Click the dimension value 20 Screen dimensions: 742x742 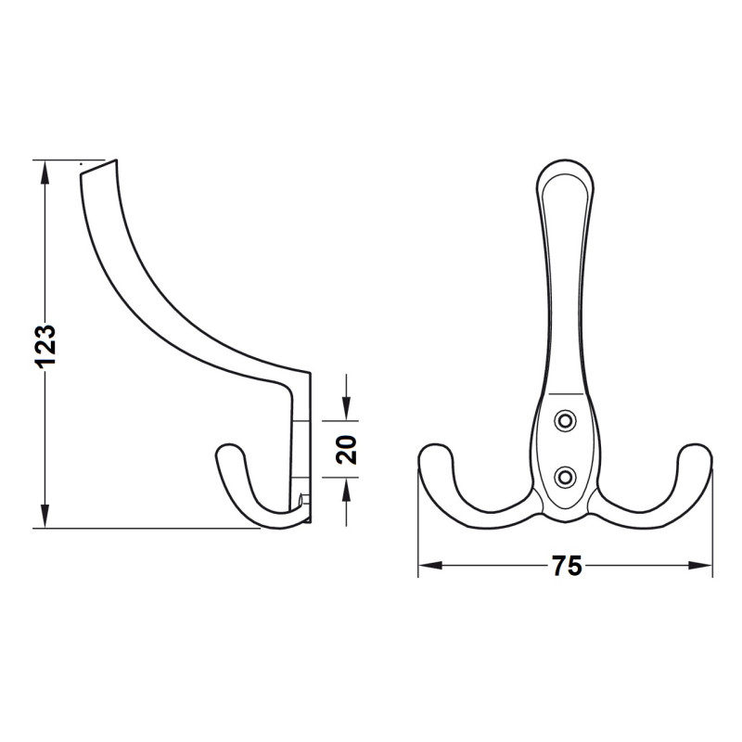pyautogui.click(x=346, y=449)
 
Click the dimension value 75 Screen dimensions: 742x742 pyautogui.click(x=567, y=566)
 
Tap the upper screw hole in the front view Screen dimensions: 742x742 pyautogui.click(x=565, y=420)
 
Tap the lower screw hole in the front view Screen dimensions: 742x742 pyautogui.click(x=565, y=476)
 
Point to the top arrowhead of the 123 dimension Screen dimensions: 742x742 pyautogui.click(x=45, y=173)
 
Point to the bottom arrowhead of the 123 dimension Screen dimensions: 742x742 pyautogui.click(x=45, y=517)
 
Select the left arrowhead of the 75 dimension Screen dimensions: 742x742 pyautogui.click(x=429, y=566)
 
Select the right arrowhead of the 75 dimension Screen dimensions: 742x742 pyautogui.click(x=700, y=566)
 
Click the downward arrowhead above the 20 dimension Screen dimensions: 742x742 pyautogui.click(x=346, y=409)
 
